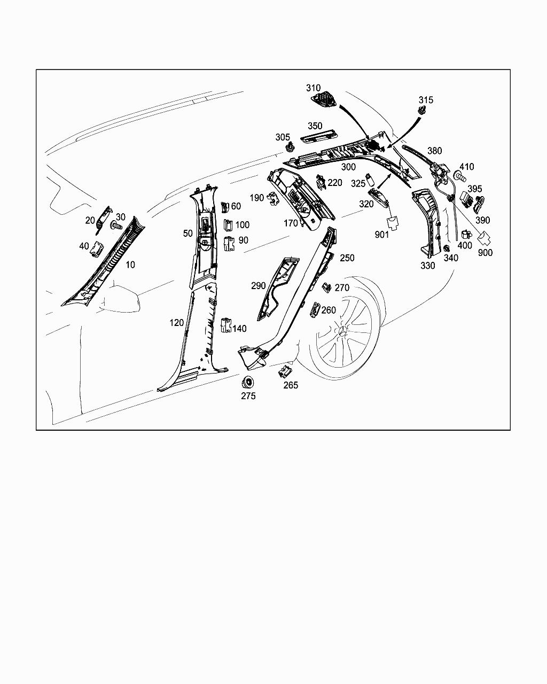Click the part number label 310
313,88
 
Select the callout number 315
426,100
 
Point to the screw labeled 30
116,226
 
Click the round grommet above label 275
248,382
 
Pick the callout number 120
177,323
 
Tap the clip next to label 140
226,325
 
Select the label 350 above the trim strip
315,126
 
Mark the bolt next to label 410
460,175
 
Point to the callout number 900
485,253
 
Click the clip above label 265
285,371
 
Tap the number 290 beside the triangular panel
259,286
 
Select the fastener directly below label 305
290,148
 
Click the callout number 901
382,235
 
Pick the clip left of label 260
315,309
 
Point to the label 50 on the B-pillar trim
188,234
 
